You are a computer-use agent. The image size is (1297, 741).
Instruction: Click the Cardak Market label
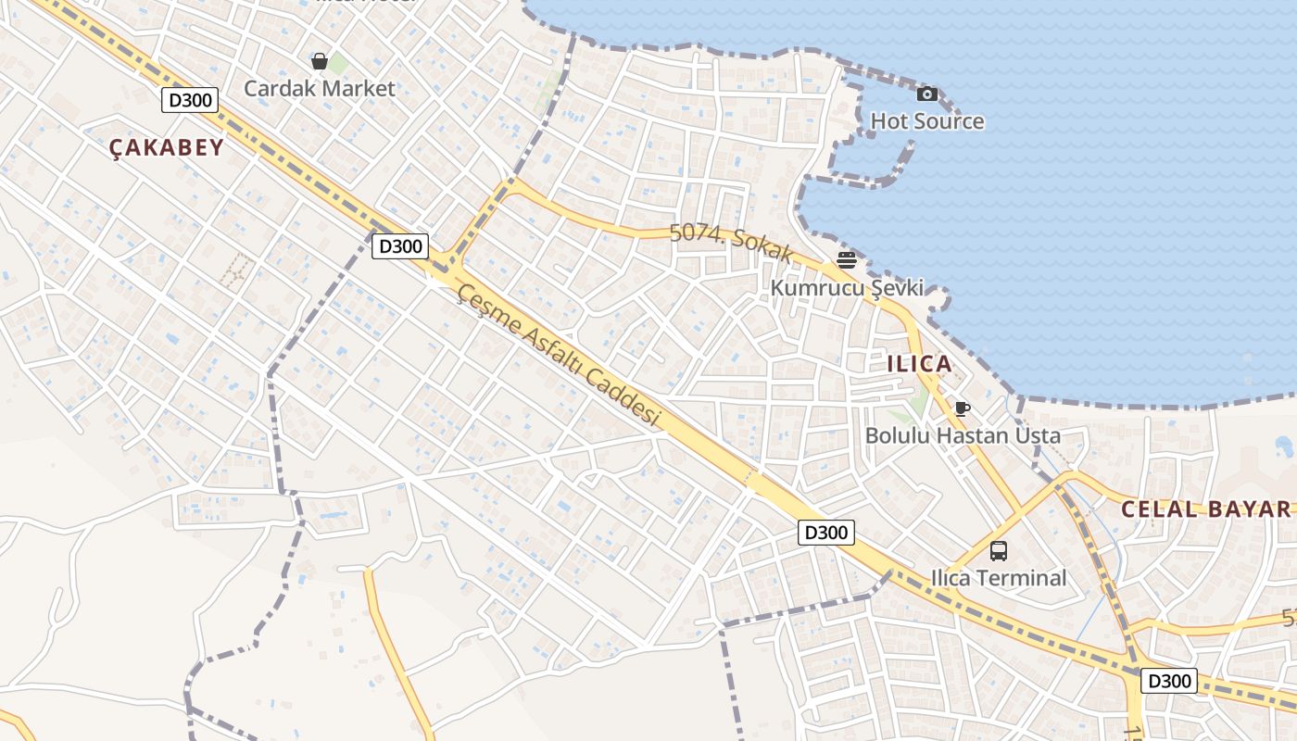click(319, 89)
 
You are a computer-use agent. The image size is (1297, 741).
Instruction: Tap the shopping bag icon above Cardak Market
click(320, 61)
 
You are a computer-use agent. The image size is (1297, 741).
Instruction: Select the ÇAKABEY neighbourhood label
click(167, 147)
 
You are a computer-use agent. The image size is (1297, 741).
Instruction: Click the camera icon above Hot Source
click(926, 94)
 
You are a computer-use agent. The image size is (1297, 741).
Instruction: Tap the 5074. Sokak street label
click(732, 243)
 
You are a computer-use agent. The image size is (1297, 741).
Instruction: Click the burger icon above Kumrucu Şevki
click(846, 260)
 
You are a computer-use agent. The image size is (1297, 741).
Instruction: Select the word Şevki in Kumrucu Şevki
click(897, 288)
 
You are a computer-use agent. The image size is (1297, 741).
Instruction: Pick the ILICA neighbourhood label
click(919, 364)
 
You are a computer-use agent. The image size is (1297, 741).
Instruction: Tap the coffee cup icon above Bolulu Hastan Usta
click(963, 408)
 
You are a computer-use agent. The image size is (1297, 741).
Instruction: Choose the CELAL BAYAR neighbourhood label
click(1204, 509)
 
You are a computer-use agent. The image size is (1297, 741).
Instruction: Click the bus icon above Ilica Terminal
click(998, 551)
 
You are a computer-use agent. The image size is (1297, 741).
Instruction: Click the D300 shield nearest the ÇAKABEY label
click(190, 100)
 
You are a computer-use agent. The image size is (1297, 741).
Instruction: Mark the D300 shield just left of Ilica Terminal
click(825, 533)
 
